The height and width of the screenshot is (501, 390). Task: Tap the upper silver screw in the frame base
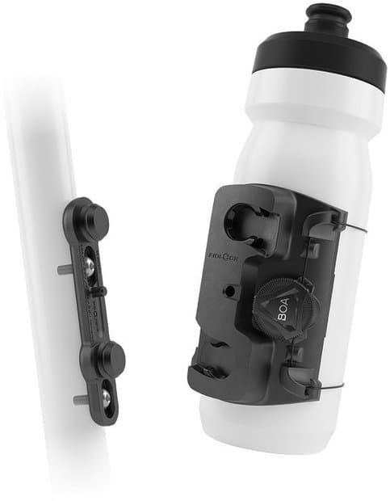click(x=88, y=257)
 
